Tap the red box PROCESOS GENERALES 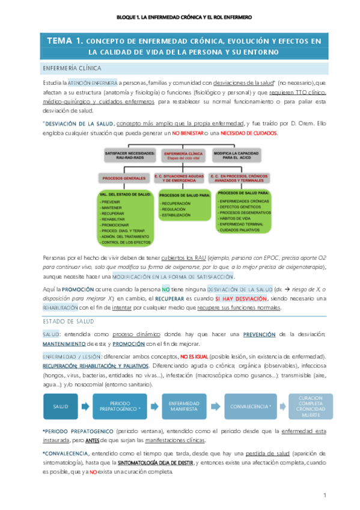click(120, 179)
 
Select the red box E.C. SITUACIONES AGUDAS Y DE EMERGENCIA click(179, 179)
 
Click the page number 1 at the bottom click(324, 495)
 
